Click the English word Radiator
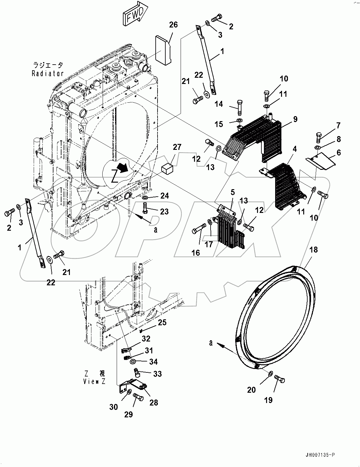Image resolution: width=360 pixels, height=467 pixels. pyautogui.click(x=48, y=74)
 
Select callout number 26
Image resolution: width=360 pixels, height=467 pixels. pyautogui.click(x=173, y=25)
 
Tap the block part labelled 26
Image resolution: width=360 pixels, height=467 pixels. pyautogui.click(x=163, y=50)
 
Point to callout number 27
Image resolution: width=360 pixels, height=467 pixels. pyautogui.click(x=177, y=147)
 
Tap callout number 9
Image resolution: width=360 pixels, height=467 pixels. pyautogui.click(x=295, y=119)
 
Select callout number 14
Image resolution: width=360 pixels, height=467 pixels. pyautogui.click(x=219, y=104)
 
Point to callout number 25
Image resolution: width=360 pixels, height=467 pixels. pyautogui.click(x=162, y=322)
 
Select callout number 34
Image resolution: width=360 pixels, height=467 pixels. pyautogui.click(x=153, y=362)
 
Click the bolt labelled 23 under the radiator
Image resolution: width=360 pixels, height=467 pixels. pyautogui.click(x=145, y=207)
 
